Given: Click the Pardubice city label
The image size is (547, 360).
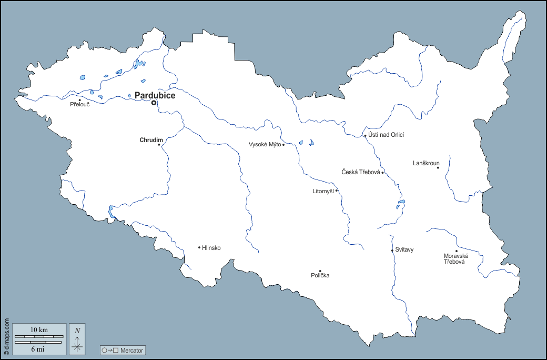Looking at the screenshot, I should tap(155, 95).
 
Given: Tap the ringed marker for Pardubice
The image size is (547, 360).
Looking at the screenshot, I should tap(154, 103).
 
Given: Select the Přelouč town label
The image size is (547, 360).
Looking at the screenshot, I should tap(80, 105).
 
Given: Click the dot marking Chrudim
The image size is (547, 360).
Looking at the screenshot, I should tap(159, 145).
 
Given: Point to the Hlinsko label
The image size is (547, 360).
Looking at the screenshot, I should tap(211, 248).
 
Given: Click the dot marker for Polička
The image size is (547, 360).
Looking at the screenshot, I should tap(320, 271).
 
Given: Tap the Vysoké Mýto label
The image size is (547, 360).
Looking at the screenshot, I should tap(265, 145).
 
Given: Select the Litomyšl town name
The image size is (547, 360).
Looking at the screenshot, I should tap(323, 191).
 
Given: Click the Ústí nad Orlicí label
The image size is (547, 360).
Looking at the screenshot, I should tap(387, 135).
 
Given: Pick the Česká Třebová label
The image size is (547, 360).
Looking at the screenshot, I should tap(360, 172).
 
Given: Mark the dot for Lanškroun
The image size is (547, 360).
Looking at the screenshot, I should tap(438, 167).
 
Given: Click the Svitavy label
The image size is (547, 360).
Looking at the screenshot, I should tap(404, 250).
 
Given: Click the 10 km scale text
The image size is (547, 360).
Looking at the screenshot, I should tap(39, 330).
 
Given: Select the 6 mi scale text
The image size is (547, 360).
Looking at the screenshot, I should tap(39, 348).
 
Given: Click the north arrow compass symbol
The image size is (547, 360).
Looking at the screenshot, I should tap(77, 339).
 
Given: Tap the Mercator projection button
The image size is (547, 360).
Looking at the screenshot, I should tap(123, 350).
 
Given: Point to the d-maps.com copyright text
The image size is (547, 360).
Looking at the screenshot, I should tap(6, 337).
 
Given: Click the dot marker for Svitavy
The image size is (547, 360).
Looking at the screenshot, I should tap(392, 251).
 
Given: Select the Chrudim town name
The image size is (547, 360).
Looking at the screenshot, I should tap(150, 140).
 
